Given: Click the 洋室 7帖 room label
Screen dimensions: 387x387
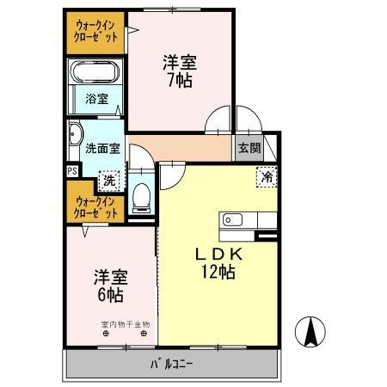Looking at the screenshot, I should click(x=180, y=71).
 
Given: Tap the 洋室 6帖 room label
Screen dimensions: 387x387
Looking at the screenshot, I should click(x=109, y=286).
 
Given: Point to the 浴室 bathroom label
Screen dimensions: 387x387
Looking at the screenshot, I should click(x=96, y=99).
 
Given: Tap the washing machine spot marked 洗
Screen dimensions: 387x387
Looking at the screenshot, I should click(x=108, y=181).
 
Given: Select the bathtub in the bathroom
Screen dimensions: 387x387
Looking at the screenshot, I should click(x=96, y=72).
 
